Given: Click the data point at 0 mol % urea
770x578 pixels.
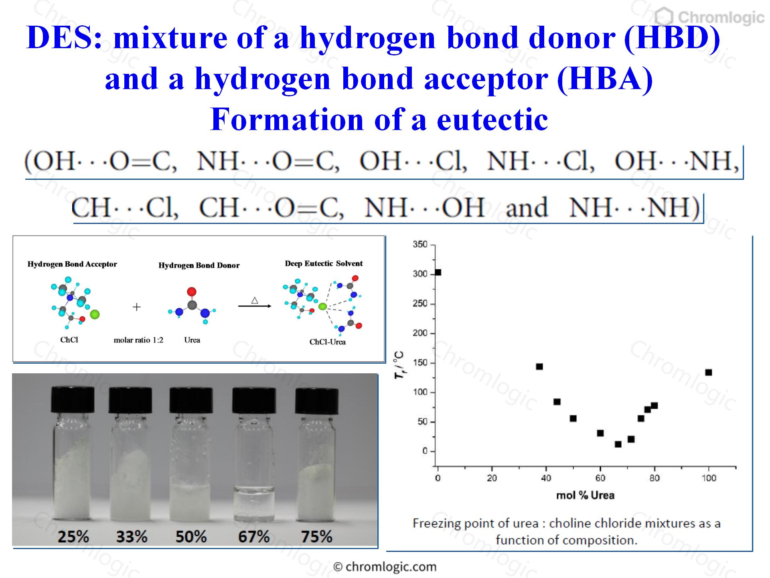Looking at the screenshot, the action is pyautogui.click(x=438, y=273).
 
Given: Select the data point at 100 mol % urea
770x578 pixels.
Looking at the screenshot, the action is pyautogui.click(x=709, y=372).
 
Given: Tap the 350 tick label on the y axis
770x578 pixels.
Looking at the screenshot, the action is pyautogui.click(x=420, y=244).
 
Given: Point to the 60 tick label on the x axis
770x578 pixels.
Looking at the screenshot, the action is pyautogui.click(x=600, y=478).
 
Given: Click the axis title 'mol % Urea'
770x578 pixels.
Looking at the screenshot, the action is pyautogui.click(x=585, y=495).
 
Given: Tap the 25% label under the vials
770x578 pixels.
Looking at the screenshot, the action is pyautogui.click(x=73, y=537).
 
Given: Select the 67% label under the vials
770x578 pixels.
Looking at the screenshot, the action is pyautogui.click(x=254, y=537).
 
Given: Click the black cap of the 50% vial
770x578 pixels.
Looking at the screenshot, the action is pyautogui.click(x=191, y=399).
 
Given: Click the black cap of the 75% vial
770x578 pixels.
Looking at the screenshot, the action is pyautogui.click(x=317, y=399).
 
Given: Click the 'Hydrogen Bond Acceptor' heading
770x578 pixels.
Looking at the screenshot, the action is pyautogui.click(x=72, y=264).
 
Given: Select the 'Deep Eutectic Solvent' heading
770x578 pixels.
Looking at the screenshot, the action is pyautogui.click(x=324, y=263).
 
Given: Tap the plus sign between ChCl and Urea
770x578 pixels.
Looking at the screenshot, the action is pyautogui.click(x=137, y=307).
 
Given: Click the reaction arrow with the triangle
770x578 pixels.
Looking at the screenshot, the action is pyautogui.click(x=255, y=306).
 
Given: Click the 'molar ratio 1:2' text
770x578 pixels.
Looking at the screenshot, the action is pyautogui.click(x=139, y=340).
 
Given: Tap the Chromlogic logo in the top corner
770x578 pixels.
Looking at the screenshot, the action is pyautogui.click(x=709, y=17).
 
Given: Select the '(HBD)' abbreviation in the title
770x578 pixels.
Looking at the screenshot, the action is pyautogui.click(x=672, y=38).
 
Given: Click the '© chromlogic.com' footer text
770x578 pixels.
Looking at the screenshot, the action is pyautogui.click(x=385, y=567).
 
